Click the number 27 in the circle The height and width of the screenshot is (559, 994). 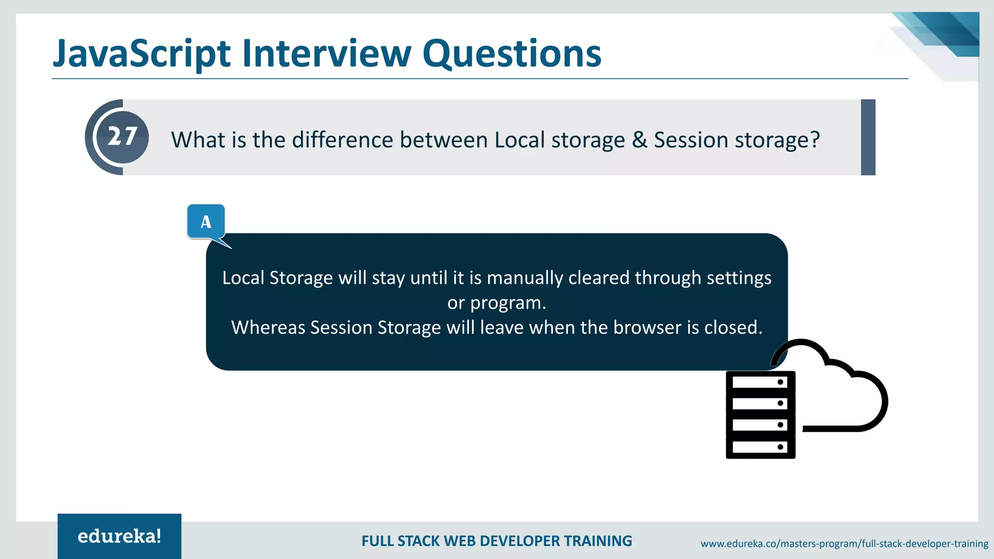coord(122,137)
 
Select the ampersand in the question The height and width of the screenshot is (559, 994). coord(639,140)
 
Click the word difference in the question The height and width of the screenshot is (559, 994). coord(342,140)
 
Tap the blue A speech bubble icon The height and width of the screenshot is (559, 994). coord(206,222)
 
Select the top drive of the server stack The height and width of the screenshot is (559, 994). coord(760,382)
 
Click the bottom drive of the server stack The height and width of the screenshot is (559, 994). coord(760,447)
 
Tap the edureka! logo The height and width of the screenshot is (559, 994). coord(119,536)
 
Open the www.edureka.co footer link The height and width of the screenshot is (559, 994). coord(844,544)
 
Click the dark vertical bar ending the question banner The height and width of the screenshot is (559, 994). coord(868,137)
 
